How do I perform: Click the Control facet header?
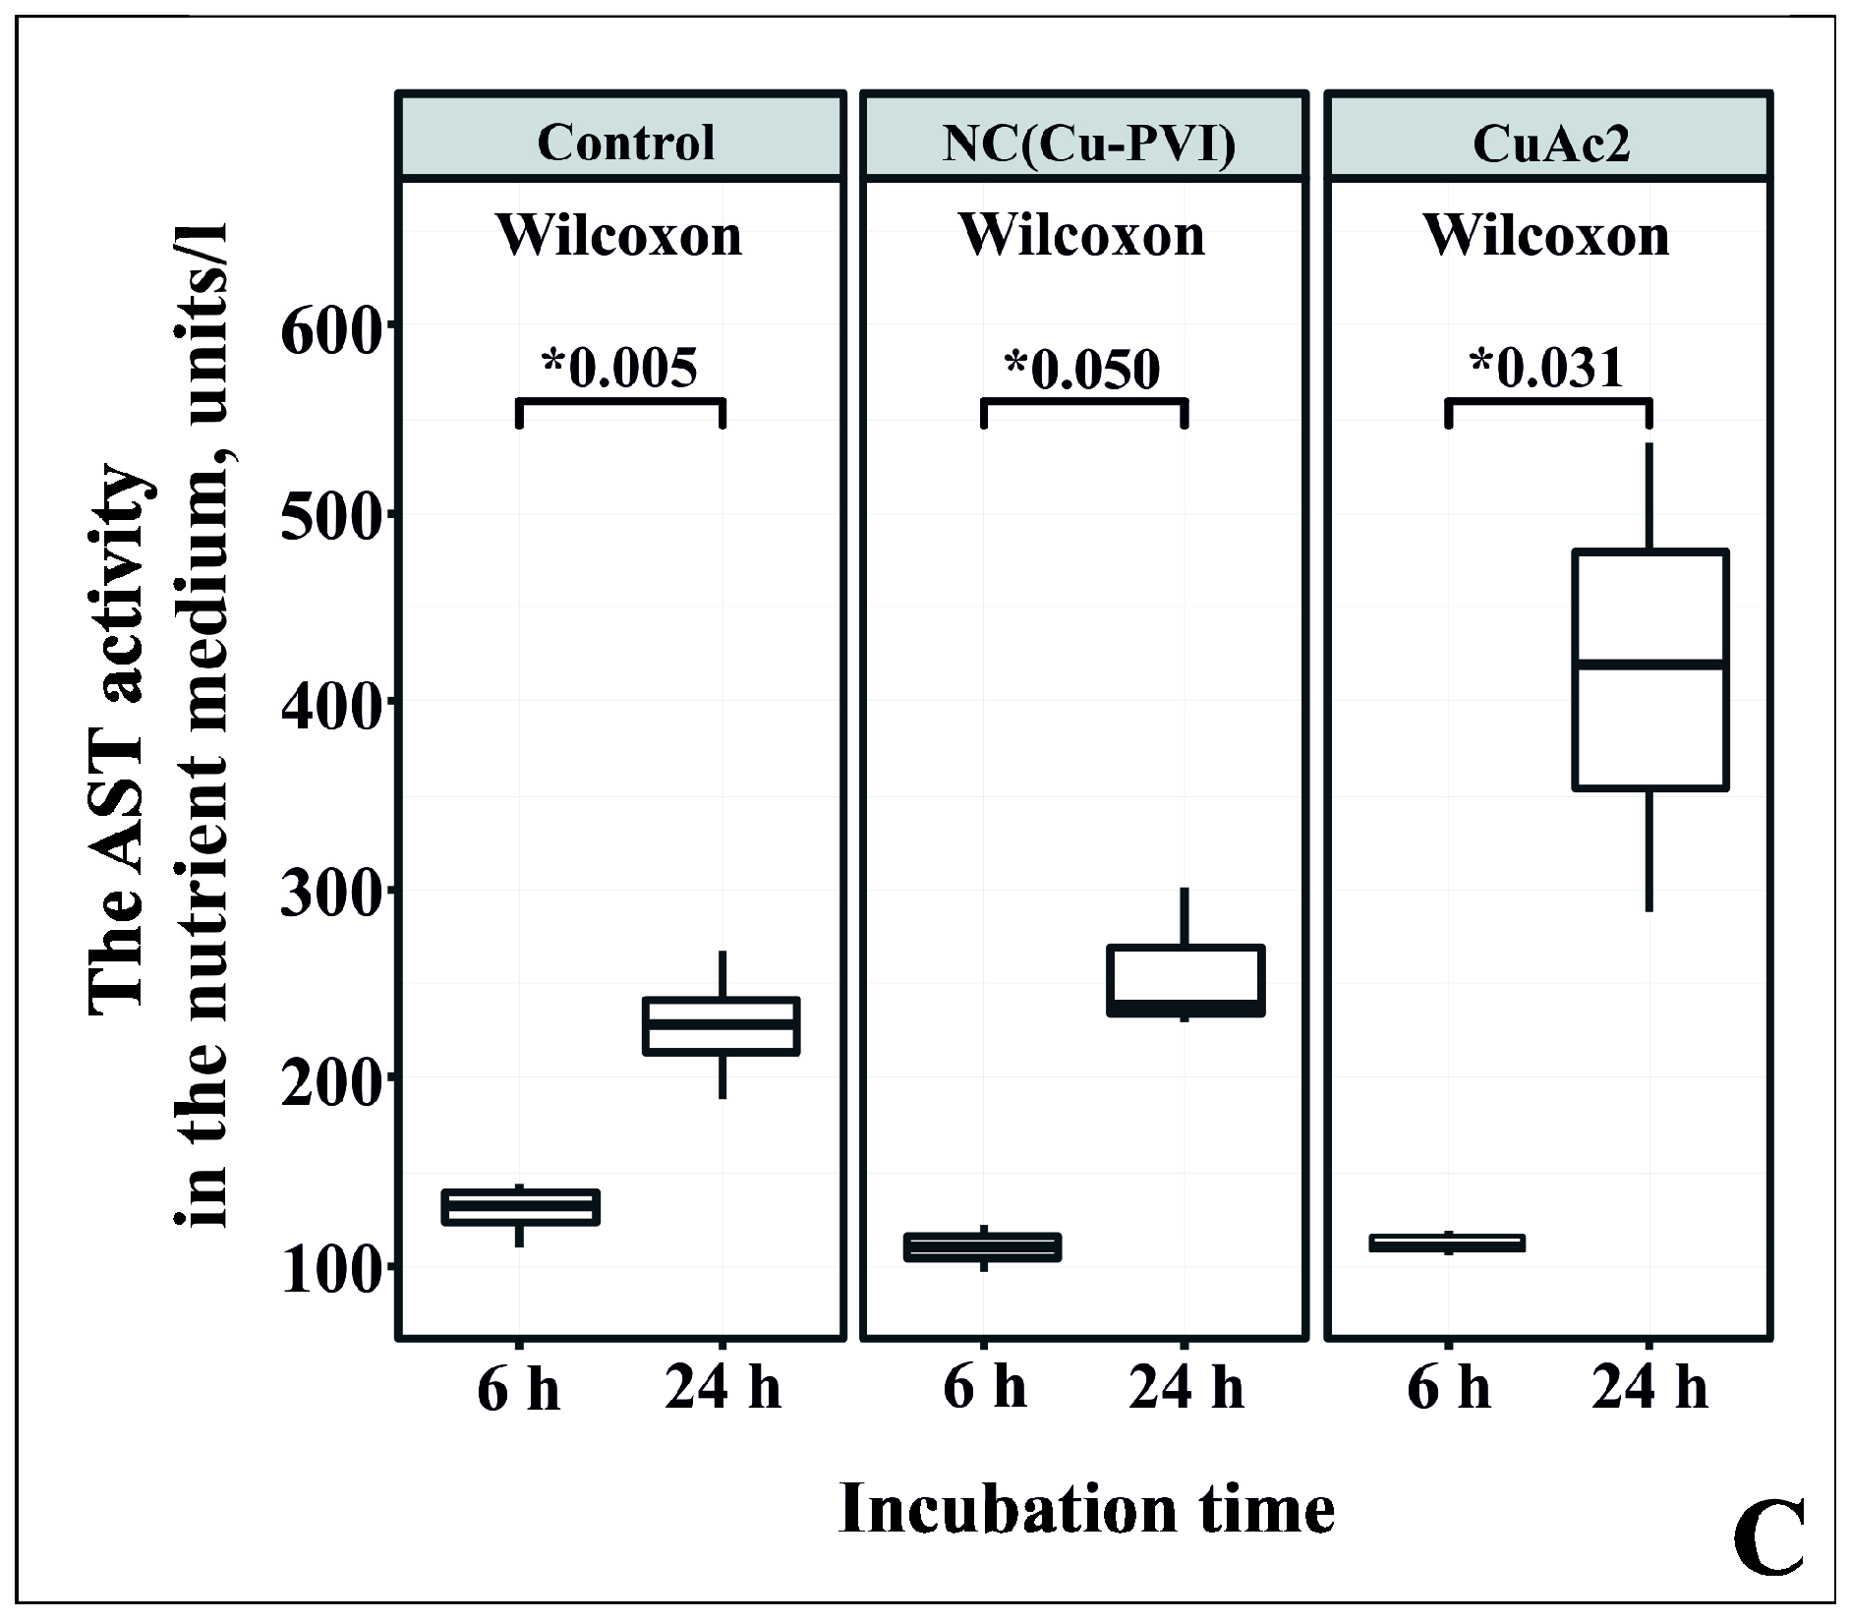tap(625, 144)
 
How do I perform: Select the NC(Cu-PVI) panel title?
tap(1088, 144)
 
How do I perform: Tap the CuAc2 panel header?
tap(1551, 144)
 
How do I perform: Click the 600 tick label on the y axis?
tap(328, 332)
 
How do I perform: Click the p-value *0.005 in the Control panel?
tap(620, 369)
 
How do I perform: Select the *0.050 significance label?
tap(1082, 369)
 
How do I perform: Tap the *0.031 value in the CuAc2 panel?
tap(1546, 369)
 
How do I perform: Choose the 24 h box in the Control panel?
tap(721, 1026)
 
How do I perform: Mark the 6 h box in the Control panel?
tap(520, 1206)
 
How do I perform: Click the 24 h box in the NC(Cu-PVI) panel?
tap(1185, 980)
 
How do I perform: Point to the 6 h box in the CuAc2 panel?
tap(1448, 1243)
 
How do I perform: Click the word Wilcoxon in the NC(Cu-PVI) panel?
tap(1082, 236)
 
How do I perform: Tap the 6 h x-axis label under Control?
tap(518, 1390)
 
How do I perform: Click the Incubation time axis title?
tap(1086, 1509)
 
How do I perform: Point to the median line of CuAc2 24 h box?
tap(1650, 665)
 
